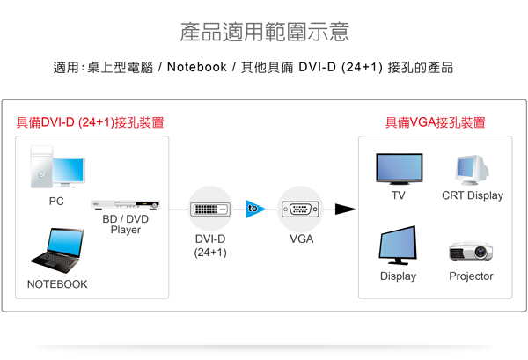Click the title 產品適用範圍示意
(264, 33)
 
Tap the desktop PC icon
(58, 167)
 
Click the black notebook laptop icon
(56, 250)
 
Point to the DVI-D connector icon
(211, 209)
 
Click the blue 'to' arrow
(255, 209)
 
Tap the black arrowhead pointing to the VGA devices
(347, 209)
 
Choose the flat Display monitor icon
(398, 246)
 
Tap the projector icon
(471, 250)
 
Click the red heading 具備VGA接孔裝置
(434, 122)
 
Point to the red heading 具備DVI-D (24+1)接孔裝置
(91, 122)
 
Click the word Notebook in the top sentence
(197, 67)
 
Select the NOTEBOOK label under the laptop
(57, 284)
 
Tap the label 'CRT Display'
(473, 195)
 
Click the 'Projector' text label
(471, 276)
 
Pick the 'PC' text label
(56, 201)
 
